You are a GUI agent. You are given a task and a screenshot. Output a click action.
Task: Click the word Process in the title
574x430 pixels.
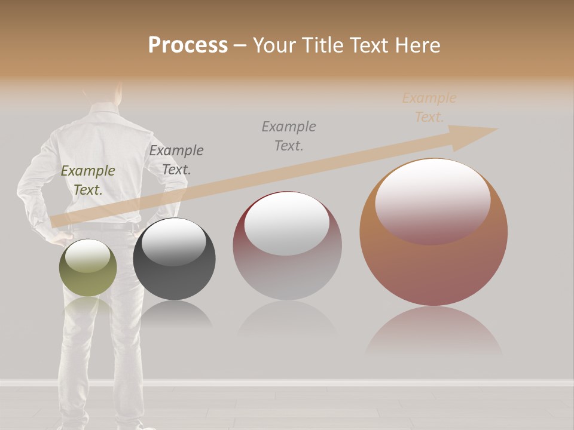click(x=188, y=45)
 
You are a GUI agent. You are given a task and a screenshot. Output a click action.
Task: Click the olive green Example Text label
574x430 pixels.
click(x=88, y=180)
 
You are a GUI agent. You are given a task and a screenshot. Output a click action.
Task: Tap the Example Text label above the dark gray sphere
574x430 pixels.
click(x=176, y=159)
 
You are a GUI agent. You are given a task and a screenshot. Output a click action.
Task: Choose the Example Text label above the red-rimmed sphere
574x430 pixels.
click(x=289, y=136)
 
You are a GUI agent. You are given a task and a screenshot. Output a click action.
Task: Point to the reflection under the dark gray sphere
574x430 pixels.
click(x=174, y=314)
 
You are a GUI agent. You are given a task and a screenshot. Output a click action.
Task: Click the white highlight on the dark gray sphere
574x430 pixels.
click(x=173, y=242)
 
